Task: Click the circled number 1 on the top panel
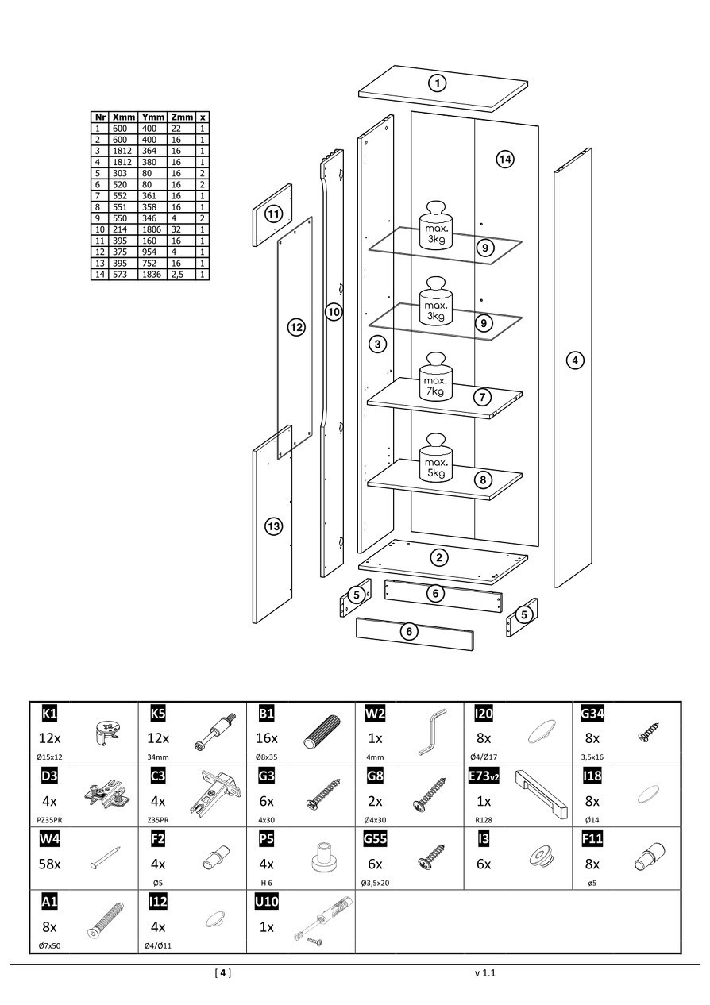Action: (437, 83)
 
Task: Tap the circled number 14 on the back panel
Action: (504, 160)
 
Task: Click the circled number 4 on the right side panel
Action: (575, 360)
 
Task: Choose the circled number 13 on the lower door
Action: (274, 526)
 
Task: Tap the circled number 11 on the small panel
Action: (274, 214)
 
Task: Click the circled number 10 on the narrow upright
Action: (334, 313)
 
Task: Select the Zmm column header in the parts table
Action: (183, 117)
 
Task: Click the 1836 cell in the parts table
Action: (153, 274)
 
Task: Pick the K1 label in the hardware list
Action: (48, 714)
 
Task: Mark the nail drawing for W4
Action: (105, 857)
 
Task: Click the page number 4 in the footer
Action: (223, 972)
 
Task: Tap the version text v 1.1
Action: (485, 972)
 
